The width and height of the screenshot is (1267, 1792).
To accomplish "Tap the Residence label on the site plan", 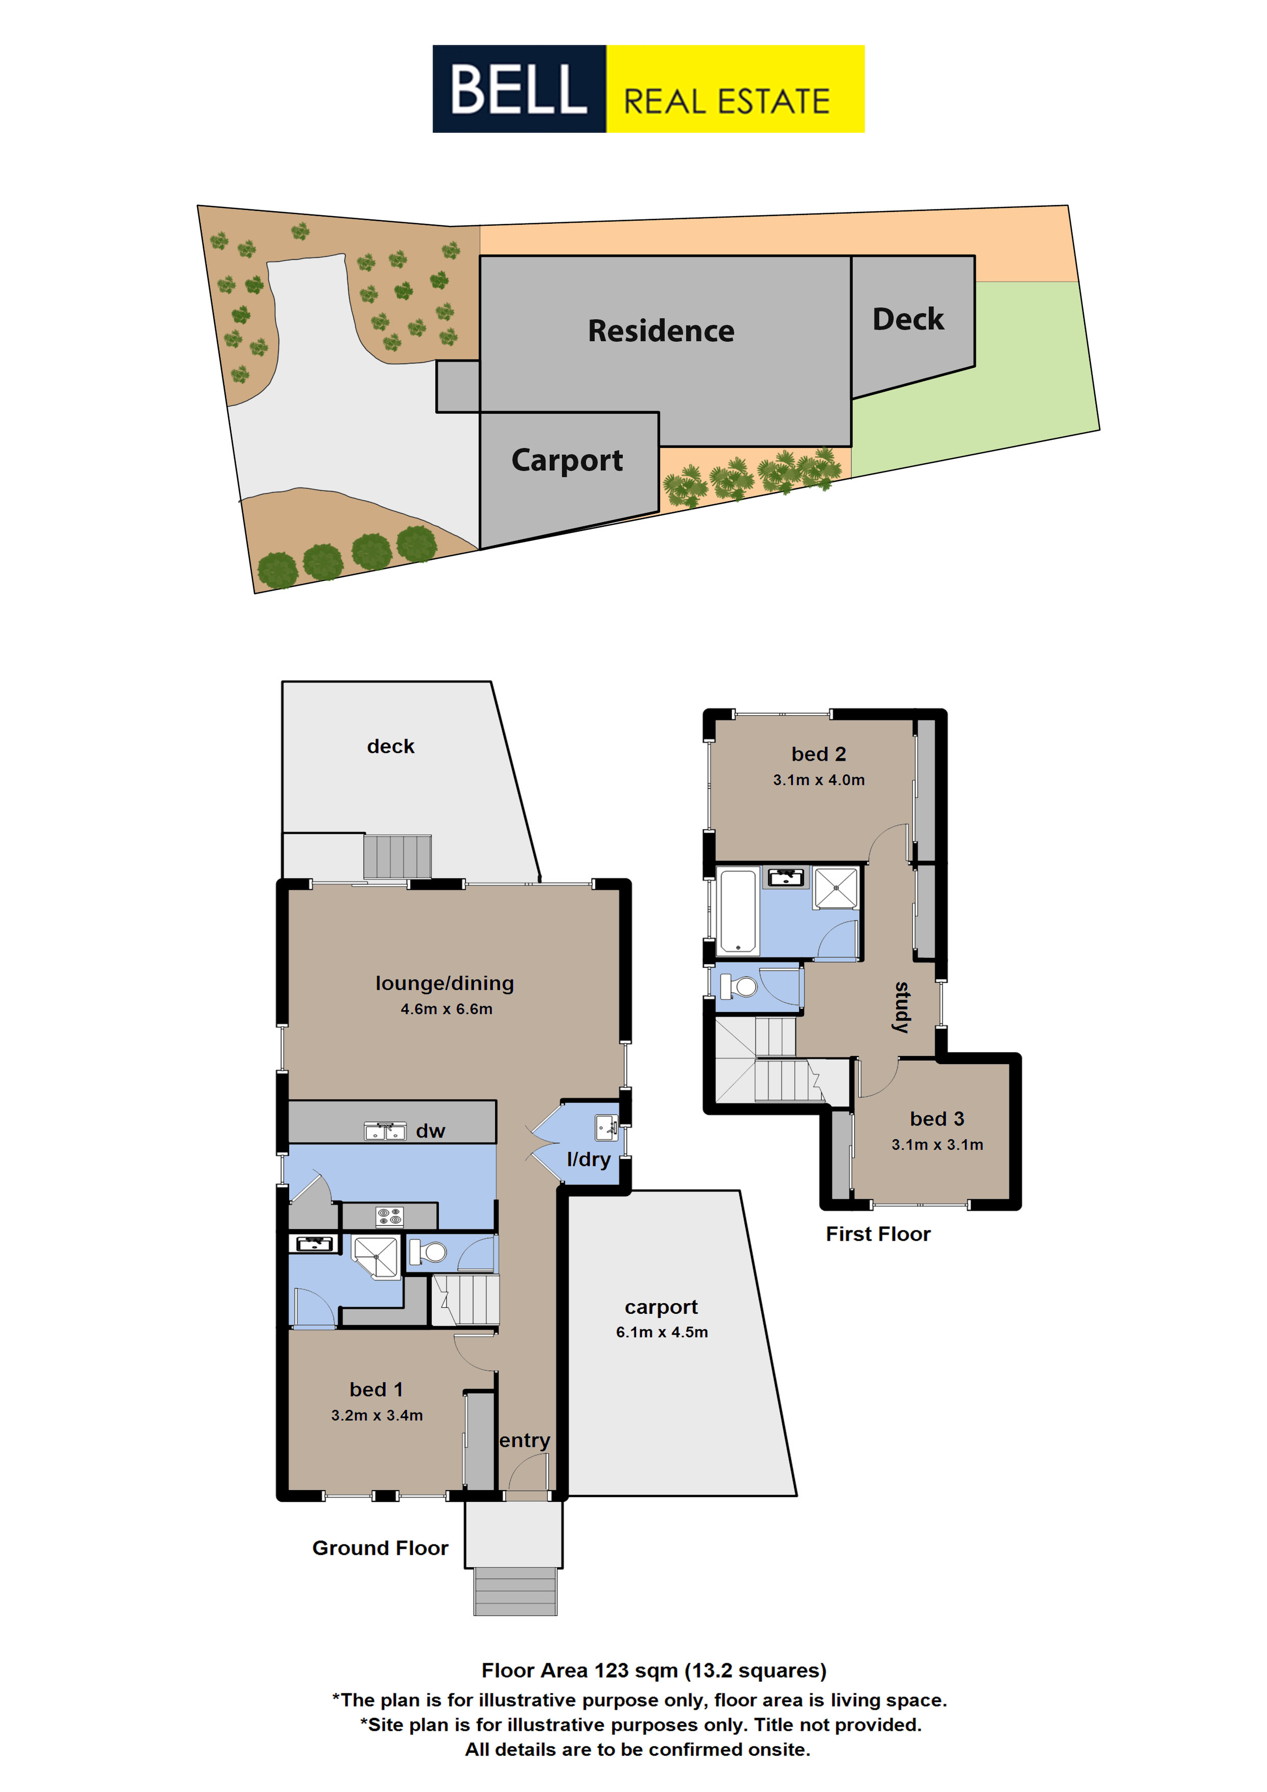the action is pyautogui.click(x=661, y=331).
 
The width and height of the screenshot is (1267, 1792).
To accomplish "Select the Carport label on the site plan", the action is pyautogui.click(x=567, y=460).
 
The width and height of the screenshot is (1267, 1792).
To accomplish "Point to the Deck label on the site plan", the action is pyautogui.click(x=908, y=319).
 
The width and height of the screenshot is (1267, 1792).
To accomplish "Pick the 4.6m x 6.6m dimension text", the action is pyautogui.click(x=447, y=1009).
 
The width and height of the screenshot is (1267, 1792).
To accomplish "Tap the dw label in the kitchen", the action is pyautogui.click(x=430, y=1131).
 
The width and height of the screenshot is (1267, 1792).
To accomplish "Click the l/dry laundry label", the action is pyautogui.click(x=589, y=1160).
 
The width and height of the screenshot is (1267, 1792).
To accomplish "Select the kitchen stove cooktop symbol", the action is pyautogui.click(x=389, y=1216).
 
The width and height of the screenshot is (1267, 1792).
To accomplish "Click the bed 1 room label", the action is pyautogui.click(x=377, y=1389).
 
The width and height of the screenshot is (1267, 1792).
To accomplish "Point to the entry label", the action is pyautogui.click(x=525, y=1440).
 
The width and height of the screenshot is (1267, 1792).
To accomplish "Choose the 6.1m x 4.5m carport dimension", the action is pyautogui.click(x=662, y=1332).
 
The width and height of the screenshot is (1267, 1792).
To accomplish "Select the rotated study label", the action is pyautogui.click(x=902, y=1007).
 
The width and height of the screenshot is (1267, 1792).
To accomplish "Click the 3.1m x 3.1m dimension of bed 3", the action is pyautogui.click(x=937, y=1145).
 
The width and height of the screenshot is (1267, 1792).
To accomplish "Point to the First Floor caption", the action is pyautogui.click(x=878, y=1234).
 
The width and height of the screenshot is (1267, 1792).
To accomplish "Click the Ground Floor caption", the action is pyautogui.click(x=380, y=1548).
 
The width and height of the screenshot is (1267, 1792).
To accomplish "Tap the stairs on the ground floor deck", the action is pyautogui.click(x=397, y=857).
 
